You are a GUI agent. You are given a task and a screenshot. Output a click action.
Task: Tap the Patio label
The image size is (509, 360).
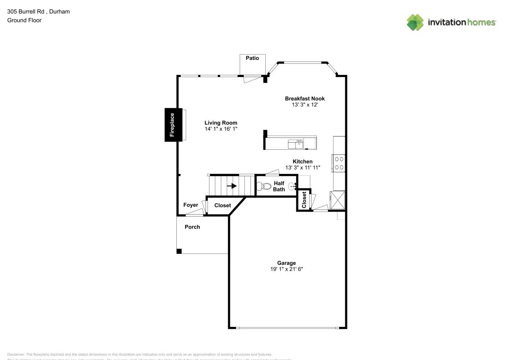[x=252, y=58]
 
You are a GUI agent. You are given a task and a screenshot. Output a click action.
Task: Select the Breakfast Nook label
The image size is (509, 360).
[x=305, y=99]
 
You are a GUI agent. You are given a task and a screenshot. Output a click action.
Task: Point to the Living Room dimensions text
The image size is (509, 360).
[x=221, y=129]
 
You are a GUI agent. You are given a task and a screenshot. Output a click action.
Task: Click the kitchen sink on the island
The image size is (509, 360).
[x=296, y=144]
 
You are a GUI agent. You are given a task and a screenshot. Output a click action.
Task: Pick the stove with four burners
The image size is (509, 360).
[x=339, y=163]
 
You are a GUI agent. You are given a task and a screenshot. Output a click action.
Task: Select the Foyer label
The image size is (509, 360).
[x=190, y=205]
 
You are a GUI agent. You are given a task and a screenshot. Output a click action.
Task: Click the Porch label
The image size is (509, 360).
[x=192, y=227]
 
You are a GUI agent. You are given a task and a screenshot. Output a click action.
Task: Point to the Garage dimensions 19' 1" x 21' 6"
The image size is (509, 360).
[x=287, y=269]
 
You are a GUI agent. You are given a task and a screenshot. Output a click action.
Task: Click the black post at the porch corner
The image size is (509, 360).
[x=179, y=251]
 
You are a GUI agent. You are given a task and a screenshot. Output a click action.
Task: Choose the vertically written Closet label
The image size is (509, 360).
[x=304, y=199]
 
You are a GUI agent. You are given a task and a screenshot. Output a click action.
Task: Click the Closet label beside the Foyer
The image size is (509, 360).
[x=222, y=205]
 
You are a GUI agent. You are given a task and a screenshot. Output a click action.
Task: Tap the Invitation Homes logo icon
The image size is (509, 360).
[x=415, y=22]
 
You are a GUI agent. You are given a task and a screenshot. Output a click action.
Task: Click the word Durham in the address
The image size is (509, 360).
[x=59, y=12]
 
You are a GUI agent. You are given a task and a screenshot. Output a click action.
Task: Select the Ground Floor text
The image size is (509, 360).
[x=24, y=20]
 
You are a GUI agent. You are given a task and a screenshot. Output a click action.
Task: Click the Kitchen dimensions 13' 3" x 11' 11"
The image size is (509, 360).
[x=302, y=167]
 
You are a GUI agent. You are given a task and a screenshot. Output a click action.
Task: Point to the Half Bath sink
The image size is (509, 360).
[x=292, y=186]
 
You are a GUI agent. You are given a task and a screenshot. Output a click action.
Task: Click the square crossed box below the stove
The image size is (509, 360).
[x=337, y=200]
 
